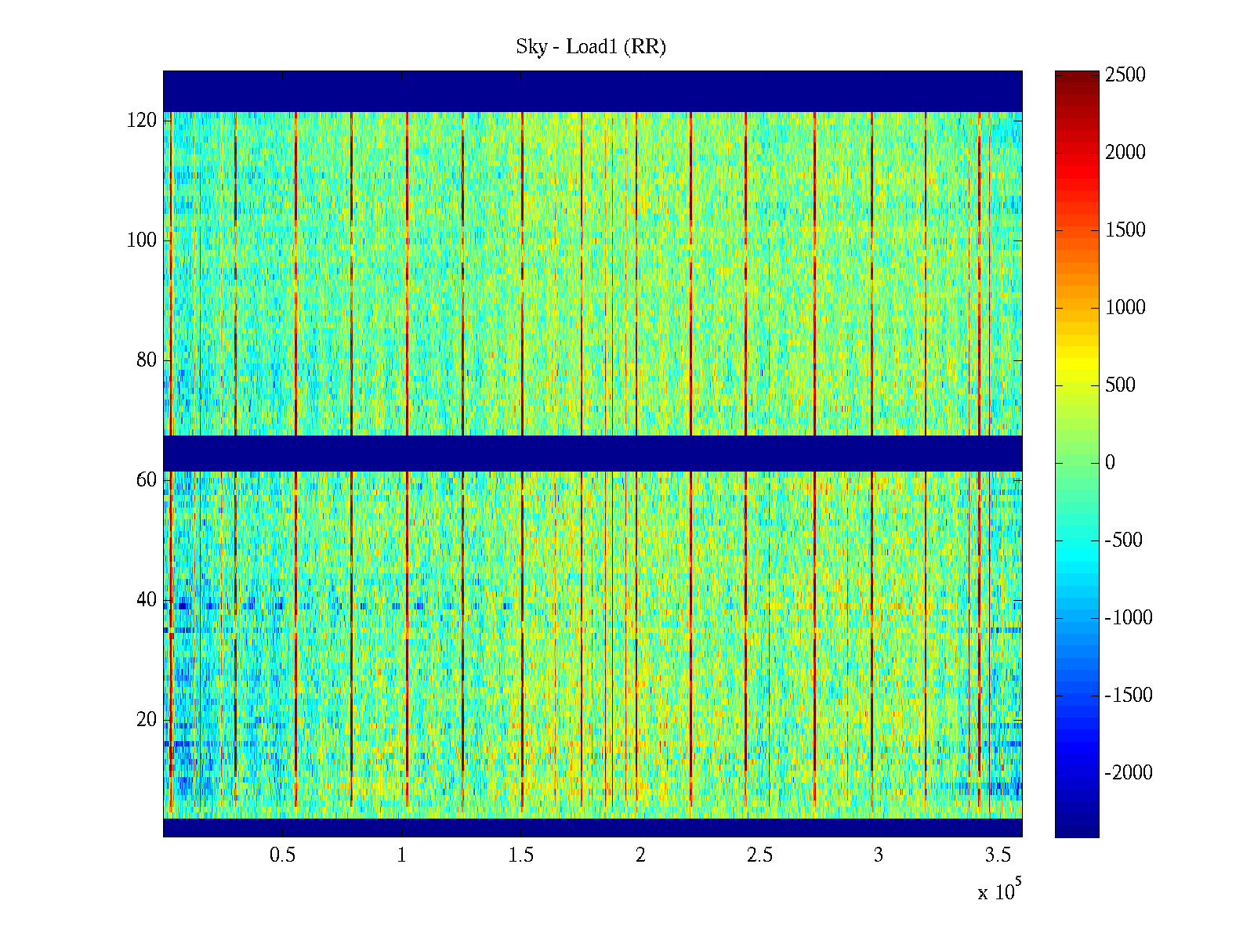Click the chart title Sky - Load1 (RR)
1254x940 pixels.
click(590, 47)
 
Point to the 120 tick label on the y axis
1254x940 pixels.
click(142, 121)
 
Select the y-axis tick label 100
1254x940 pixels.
click(142, 240)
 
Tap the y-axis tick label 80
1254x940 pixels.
click(147, 360)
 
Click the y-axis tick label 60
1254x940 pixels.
click(147, 480)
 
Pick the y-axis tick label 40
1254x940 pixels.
click(147, 600)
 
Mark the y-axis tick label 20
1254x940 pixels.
click(147, 720)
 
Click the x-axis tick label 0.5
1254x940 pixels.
click(282, 855)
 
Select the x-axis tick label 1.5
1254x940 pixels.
click(520, 855)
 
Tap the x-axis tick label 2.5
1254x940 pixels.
click(759, 855)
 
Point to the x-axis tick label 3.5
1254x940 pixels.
click(998, 855)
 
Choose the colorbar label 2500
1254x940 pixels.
click(1125, 75)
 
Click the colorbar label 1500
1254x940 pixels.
click(1125, 230)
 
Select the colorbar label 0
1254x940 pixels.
click(1110, 463)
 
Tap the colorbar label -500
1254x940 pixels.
click(1124, 540)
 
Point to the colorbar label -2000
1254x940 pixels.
click(1129, 773)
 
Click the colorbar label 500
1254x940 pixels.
click(1121, 385)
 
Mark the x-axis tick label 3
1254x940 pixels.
click(879, 855)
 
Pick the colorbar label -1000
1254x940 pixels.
click(1129, 618)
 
